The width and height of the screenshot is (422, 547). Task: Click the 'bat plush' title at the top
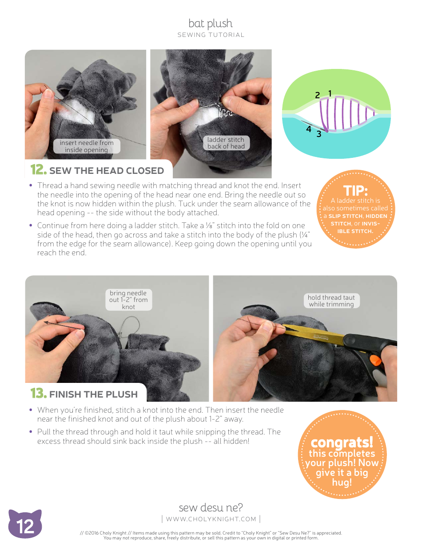pos(211,23)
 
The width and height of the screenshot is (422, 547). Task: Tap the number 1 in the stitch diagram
pos(330,93)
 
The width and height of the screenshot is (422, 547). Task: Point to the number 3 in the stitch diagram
pos(319,134)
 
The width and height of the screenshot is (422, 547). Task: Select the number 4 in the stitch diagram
pos(308,129)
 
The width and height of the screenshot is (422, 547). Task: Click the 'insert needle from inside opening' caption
pos(87,146)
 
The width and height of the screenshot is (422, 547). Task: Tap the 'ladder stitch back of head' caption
pos(226,143)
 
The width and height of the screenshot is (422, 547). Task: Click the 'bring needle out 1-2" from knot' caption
pos(128,300)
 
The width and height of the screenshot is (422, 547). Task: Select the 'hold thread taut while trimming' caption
pos(331,301)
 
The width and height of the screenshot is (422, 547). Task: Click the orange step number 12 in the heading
pos(38,170)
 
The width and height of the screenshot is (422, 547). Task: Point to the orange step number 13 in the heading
pos(38,394)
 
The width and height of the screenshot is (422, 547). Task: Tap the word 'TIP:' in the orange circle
pos(355,191)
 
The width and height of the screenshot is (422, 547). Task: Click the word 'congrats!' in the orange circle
pos(342,442)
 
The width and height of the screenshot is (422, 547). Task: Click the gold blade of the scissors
pos(311,334)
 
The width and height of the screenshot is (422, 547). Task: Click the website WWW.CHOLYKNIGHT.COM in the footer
pos(211,519)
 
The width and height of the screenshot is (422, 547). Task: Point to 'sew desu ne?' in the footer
pos(211,507)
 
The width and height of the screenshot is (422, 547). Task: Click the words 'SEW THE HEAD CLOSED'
pos(107,171)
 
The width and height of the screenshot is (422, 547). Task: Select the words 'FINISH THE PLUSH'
pos(93,394)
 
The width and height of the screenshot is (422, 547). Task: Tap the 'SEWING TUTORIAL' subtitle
pos(211,35)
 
